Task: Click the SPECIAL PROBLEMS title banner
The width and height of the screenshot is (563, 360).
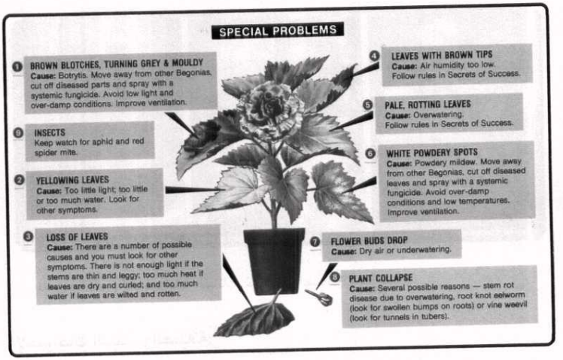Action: [277, 31]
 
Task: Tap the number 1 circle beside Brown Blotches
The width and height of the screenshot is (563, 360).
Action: [17, 66]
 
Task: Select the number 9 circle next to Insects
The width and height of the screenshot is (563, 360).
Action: [18, 133]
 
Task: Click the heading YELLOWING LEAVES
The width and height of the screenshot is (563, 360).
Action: [72, 180]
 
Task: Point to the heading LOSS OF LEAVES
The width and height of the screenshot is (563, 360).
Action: [78, 236]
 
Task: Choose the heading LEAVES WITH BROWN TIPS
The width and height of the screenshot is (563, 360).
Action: [442, 55]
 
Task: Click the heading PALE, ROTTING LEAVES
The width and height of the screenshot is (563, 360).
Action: [428, 105]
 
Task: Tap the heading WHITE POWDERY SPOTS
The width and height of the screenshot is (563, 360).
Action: [431, 153]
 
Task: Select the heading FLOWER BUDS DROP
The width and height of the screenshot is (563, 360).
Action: [369, 240]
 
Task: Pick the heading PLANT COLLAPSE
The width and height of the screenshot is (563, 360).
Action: [381, 278]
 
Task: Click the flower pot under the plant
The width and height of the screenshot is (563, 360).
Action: [274, 261]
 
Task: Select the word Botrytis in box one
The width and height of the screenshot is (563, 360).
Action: [72, 75]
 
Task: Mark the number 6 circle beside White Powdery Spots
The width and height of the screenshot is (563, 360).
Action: [370, 154]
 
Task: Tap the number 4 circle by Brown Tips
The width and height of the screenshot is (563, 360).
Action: [374, 56]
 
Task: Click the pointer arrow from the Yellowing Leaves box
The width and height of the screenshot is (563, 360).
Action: [195, 189]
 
